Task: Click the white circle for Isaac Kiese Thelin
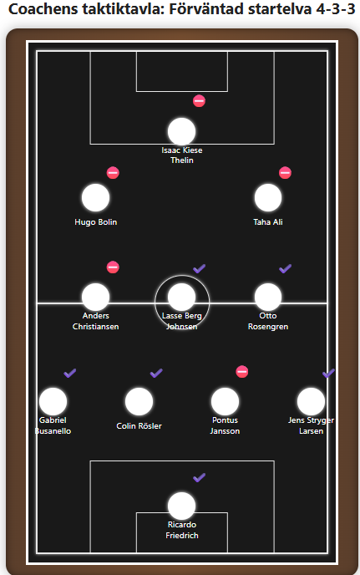click(181, 131)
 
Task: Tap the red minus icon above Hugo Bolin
click(113, 173)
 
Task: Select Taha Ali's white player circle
click(268, 197)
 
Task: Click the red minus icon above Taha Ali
click(285, 173)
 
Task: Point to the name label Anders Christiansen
click(96, 321)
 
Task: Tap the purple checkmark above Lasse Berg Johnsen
click(199, 269)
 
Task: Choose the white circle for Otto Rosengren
click(268, 297)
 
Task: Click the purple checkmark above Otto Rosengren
click(285, 269)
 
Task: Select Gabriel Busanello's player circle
click(53, 401)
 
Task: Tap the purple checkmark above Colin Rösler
click(156, 374)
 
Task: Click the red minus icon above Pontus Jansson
click(242, 372)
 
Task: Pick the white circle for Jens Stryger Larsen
click(311, 401)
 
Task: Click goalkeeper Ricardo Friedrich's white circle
click(181, 506)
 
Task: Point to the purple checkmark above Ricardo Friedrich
click(199, 478)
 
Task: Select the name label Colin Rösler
click(139, 426)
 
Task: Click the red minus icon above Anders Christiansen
click(113, 267)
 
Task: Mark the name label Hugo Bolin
click(96, 222)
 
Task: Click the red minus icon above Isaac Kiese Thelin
click(199, 101)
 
